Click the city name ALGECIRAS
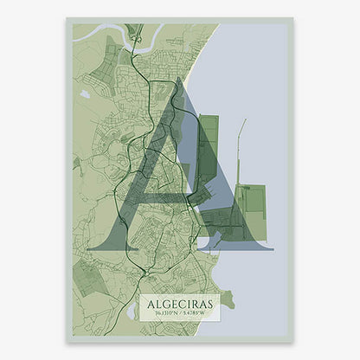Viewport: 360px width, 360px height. pos(179,305)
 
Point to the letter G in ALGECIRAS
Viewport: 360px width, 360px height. pos(164,305)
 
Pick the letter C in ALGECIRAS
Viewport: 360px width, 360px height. pos(182,305)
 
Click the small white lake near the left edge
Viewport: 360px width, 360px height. pos(85,93)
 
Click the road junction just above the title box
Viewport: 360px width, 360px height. pos(148,275)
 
